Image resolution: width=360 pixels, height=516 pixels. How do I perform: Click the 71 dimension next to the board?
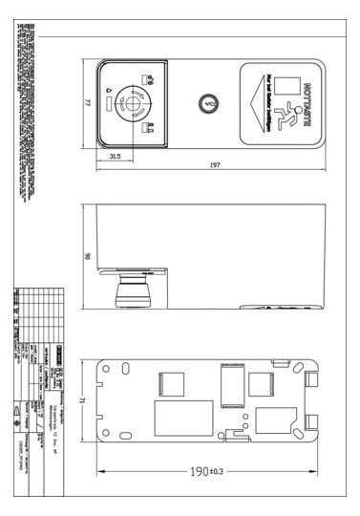[87, 402]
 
